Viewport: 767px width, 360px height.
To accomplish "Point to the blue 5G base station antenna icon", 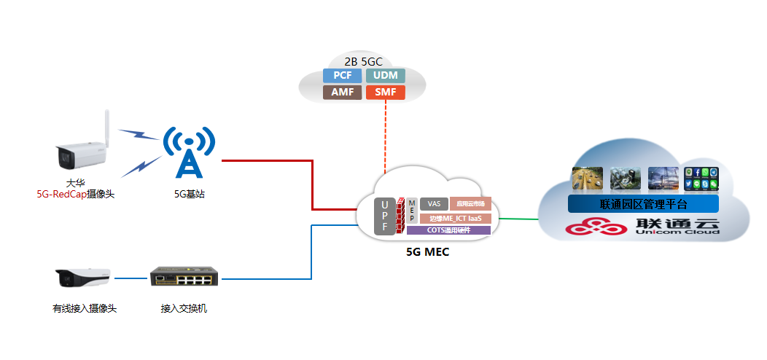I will click(188, 152).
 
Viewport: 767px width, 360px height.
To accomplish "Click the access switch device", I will click(185, 278).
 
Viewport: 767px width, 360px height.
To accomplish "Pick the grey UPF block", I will click(384, 216).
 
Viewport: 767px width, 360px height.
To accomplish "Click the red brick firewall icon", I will click(400, 216).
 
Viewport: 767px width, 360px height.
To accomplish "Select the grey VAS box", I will click(434, 204).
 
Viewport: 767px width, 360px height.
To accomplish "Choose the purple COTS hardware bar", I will click(448, 230).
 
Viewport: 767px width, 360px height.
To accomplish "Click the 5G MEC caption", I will click(427, 252).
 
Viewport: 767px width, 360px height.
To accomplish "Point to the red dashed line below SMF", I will click(385, 138).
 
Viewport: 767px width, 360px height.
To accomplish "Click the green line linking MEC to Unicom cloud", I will click(518, 217).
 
